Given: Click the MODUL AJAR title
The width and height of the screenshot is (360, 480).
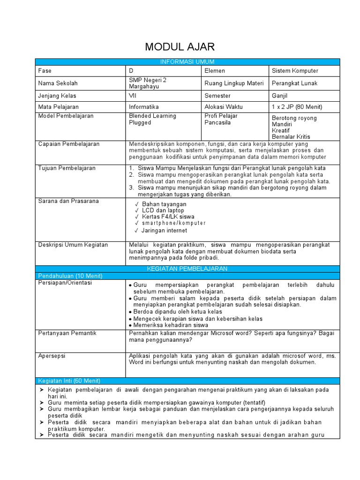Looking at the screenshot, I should pos(180,46).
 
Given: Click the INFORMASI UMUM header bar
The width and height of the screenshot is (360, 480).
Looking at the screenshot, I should pos(187,62).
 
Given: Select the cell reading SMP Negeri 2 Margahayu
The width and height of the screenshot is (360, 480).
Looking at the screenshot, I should pos(148,83).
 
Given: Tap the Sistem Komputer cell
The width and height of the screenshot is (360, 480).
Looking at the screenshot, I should pos(295,71).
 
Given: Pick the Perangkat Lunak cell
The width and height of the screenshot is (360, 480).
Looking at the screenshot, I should pos(294,83).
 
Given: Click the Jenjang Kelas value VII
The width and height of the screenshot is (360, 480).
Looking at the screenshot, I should pos(133,95).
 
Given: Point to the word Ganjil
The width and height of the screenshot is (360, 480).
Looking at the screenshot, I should pos(280,95).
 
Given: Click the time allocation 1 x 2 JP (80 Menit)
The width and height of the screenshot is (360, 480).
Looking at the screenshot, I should pos(297,107).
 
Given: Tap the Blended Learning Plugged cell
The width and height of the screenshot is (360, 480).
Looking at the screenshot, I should pos(146,119).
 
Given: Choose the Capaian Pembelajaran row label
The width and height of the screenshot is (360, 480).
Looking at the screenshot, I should pos(69,144).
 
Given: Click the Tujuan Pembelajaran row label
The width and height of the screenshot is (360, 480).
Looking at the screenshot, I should pos(67,168).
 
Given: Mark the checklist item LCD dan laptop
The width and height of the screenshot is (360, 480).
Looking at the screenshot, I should pos(163,210).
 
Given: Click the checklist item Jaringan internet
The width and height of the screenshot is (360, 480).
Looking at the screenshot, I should pos(164,230).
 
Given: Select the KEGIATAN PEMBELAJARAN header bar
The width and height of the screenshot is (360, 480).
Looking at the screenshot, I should pos(187,269).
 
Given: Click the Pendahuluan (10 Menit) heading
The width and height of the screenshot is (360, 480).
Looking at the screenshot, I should pos(70,276).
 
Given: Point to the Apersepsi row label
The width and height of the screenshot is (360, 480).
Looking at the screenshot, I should pos(52,356).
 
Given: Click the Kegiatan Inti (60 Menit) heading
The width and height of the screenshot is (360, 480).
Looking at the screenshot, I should pos(69,381).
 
